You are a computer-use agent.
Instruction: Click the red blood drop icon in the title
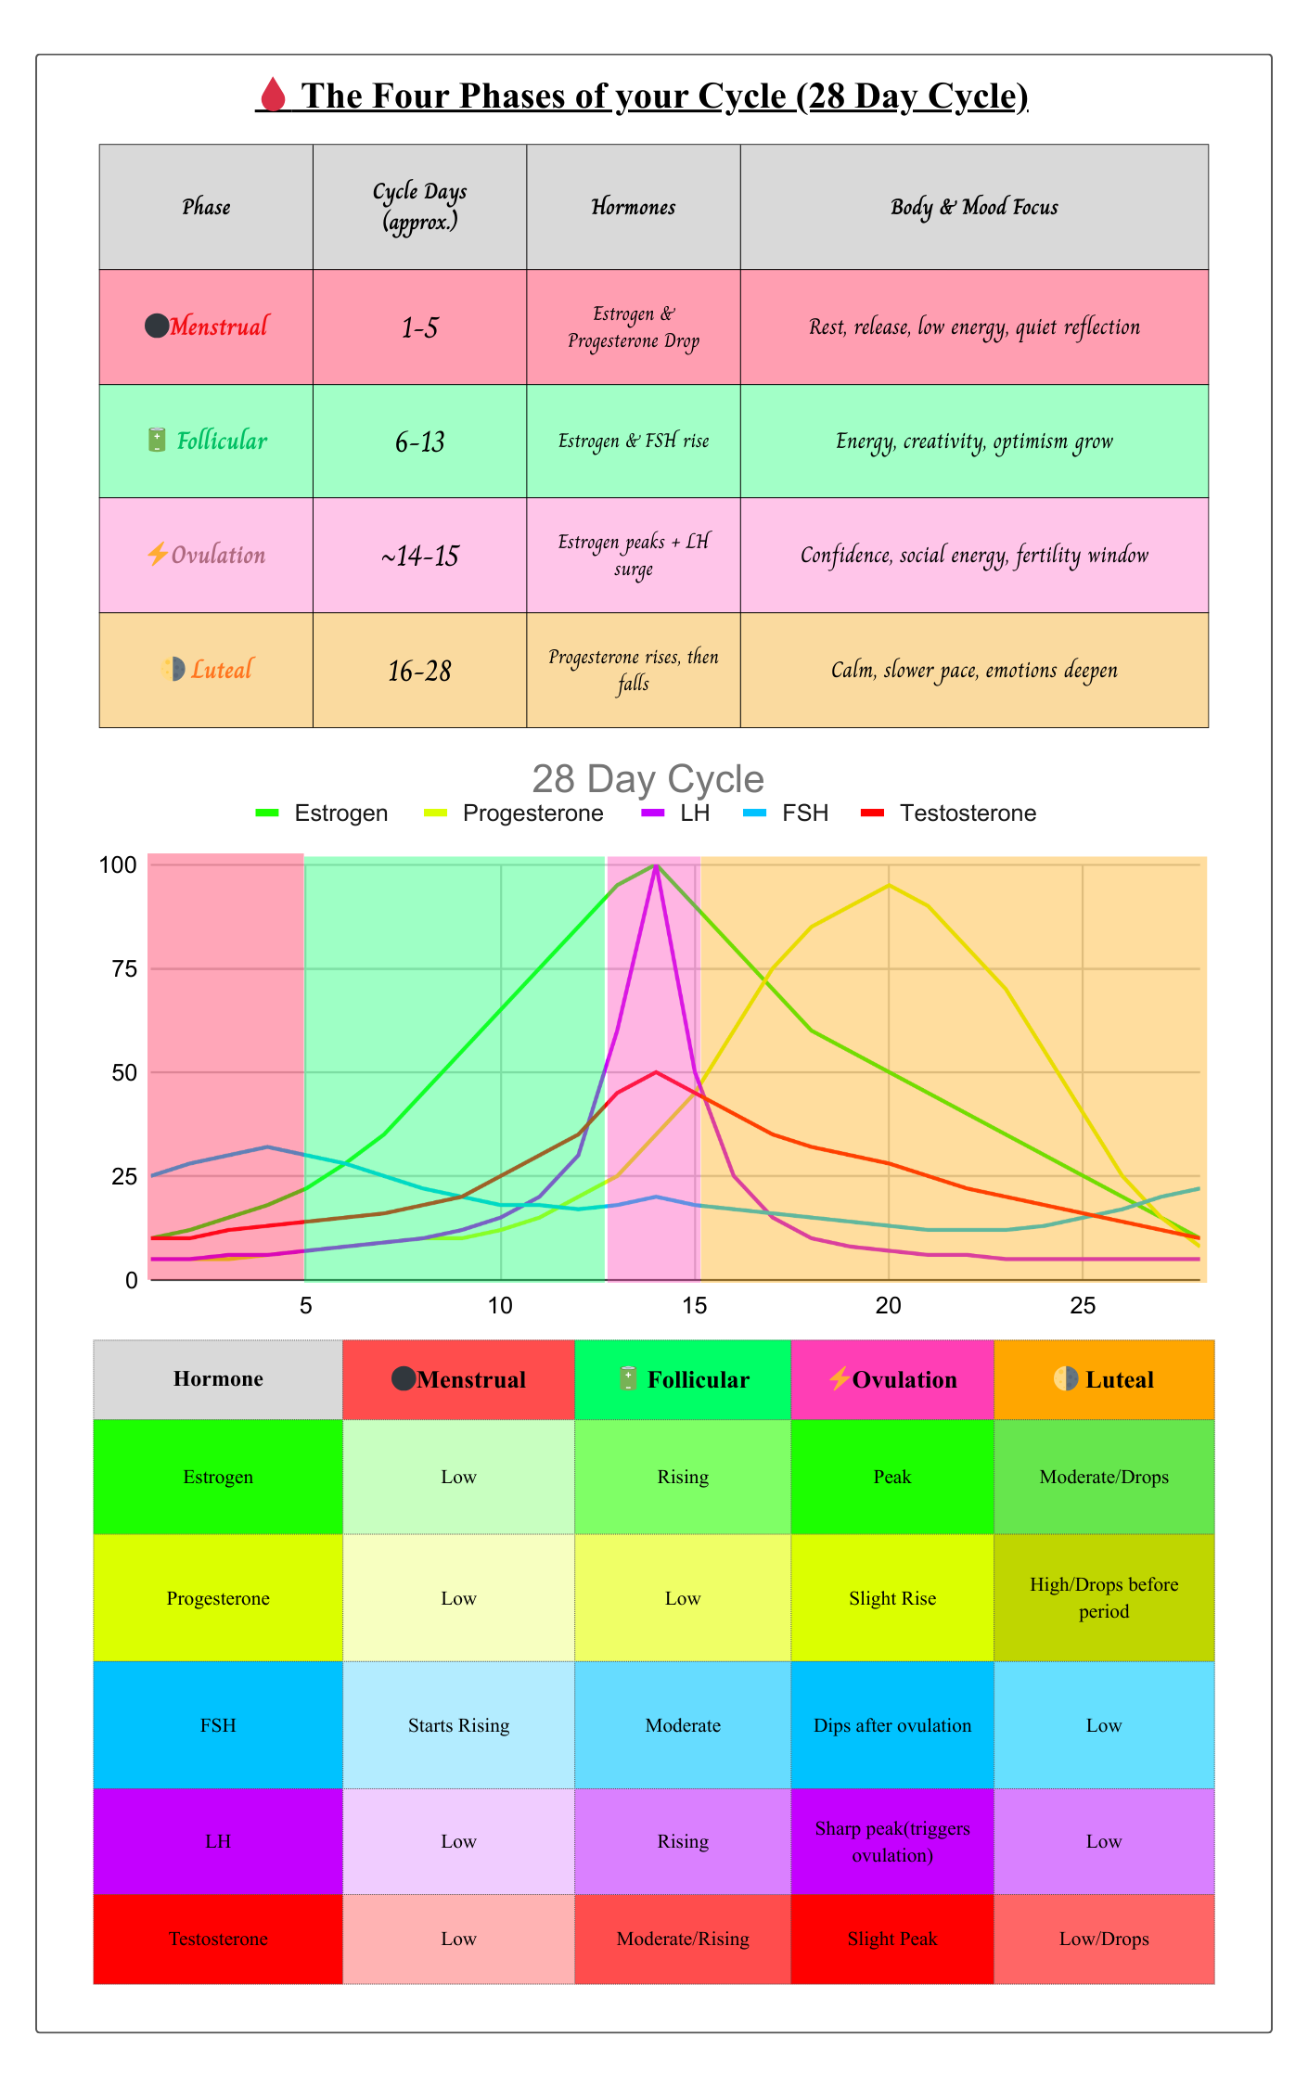tap(272, 95)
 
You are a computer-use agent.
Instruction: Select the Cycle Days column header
tap(419, 206)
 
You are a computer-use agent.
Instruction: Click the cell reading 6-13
tap(419, 442)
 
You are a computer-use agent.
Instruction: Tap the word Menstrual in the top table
tap(219, 326)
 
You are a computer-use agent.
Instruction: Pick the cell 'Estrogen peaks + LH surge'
tap(633, 555)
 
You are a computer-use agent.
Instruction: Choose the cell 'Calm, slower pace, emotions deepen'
tap(974, 670)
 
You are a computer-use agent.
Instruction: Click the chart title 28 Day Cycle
tap(648, 779)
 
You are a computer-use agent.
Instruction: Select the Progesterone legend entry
tap(532, 813)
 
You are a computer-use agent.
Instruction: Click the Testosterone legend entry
tap(967, 813)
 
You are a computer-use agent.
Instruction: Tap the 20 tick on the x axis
tap(888, 1306)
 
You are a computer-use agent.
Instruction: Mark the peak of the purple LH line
tap(656, 866)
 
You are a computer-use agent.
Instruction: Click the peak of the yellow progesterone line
tap(888, 885)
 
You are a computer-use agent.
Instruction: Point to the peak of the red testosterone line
tap(656, 1072)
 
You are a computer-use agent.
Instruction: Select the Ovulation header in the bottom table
tap(892, 1379)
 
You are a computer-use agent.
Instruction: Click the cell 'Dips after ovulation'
tap(892, 1725)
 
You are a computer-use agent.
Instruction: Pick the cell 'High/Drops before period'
tap(1104, 1597)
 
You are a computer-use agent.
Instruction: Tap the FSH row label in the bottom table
tap(218, 1725)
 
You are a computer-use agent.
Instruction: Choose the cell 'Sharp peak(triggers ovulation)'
tap(892, 1841)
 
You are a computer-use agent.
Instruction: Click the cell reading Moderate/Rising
tap(683, 1939)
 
